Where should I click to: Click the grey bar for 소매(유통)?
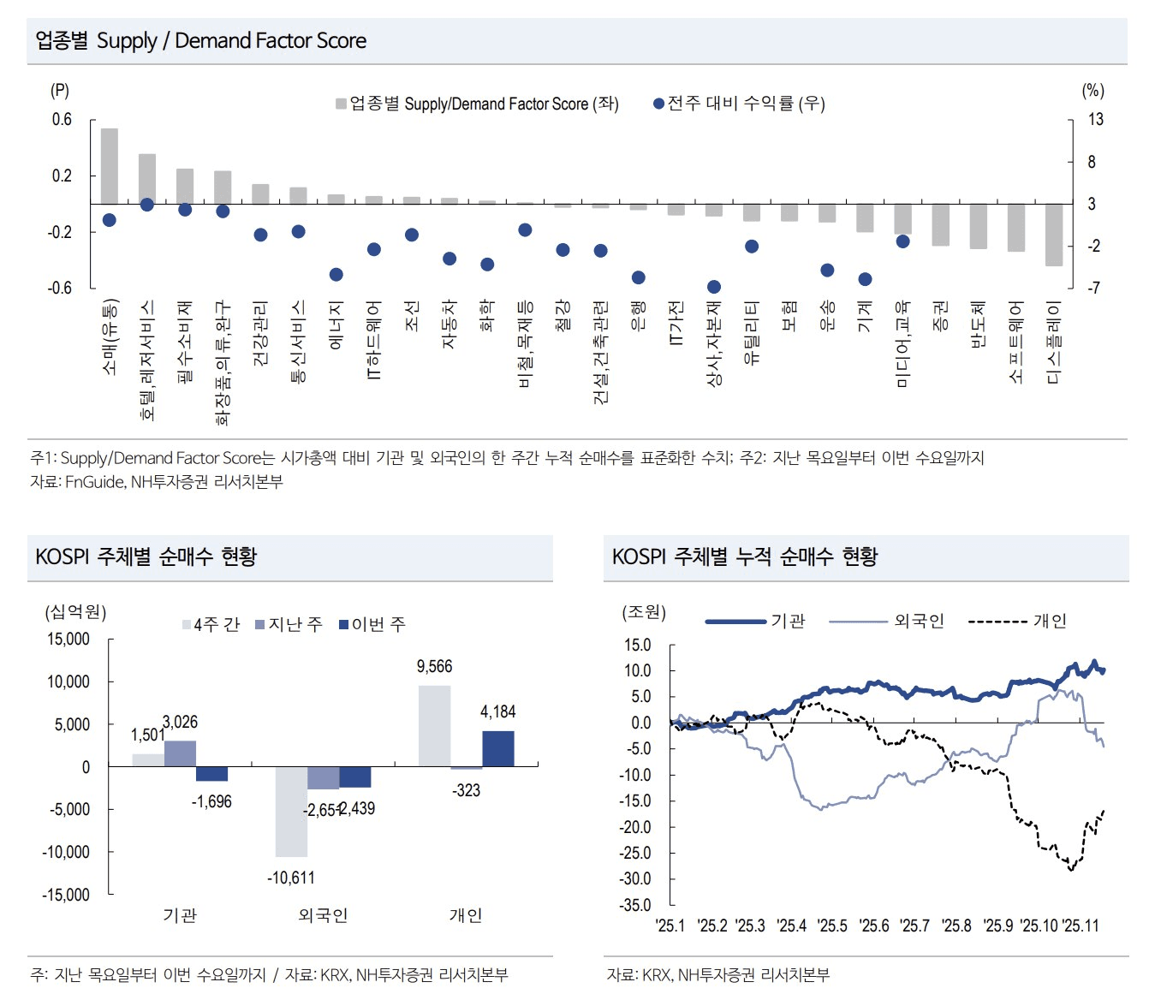(x=110, y=166)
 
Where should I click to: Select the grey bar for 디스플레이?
(x=1054, y=235)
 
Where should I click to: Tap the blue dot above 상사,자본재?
(x=714, y=287)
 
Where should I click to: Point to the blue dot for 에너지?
(x=336, y=275)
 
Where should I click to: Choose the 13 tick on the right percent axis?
(x=1096, y=120)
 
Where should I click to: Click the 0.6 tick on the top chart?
(x=62, y=120)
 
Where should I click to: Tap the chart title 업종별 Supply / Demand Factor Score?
(x=200, y=40)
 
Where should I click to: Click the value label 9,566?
(x=434, y=667)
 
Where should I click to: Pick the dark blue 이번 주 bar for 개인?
(x=498, y=748)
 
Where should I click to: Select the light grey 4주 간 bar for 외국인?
(x=291, y=811)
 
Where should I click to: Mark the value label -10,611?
(x=291, y=878)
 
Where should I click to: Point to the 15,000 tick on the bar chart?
(x=68, y=640)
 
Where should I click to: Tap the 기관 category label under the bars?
(x=180, y=915)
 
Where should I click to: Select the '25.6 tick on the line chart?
(x=874, y=926)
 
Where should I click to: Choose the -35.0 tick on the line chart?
(x=637, y=905)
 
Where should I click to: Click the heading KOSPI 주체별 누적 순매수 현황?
(x=745, y=557)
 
